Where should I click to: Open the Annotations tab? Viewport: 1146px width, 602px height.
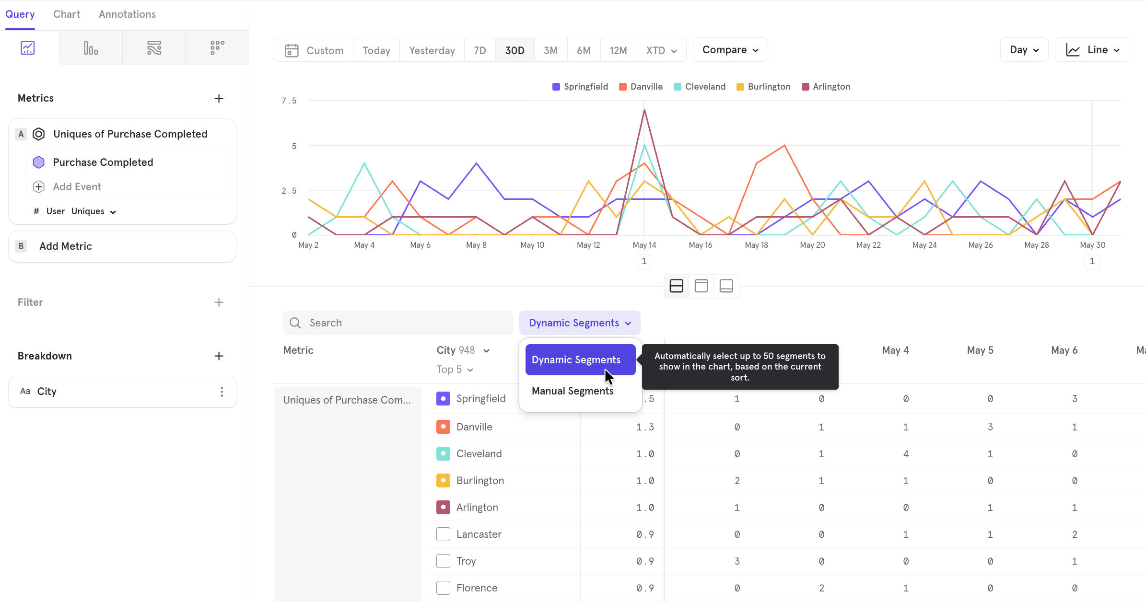127,14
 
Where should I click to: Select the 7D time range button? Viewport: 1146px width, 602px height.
479,50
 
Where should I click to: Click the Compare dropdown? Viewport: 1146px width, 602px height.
730,50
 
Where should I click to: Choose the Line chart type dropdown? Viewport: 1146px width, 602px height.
1092,50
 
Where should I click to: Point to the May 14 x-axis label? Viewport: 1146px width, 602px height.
644,245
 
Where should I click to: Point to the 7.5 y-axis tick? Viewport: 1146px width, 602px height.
289,101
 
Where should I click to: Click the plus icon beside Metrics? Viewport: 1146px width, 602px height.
219,99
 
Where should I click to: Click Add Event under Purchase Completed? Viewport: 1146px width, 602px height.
77,187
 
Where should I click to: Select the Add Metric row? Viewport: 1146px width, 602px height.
122,246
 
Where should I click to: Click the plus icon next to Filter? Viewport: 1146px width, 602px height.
219,302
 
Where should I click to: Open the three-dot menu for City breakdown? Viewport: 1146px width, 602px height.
222,392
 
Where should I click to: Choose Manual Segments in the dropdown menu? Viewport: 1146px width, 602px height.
573,391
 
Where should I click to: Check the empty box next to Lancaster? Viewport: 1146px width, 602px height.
443,534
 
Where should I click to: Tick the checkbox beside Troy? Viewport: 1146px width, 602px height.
443,561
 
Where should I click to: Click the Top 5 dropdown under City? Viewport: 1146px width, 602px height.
455,370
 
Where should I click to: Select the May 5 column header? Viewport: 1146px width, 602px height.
980,350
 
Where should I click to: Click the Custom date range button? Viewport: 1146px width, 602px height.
314,50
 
